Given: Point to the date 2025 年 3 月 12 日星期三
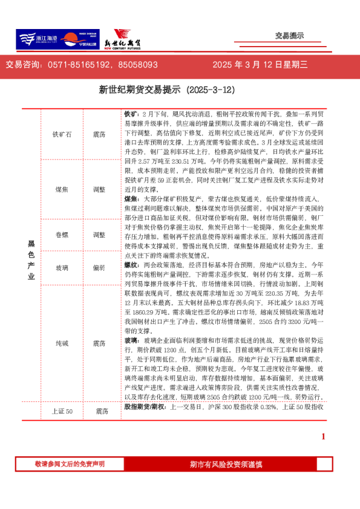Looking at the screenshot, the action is pyautogui.click(x=260, y=65).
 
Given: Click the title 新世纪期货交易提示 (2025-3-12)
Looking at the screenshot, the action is pyautogui.click(x=166, y=89).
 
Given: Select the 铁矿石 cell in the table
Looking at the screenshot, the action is pyautogui.click(x=62, y=134).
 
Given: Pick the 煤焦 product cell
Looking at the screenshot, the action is pyautogui.click(x=62, y=190).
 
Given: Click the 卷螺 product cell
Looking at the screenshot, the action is pyautogui.click(x=62, y=235).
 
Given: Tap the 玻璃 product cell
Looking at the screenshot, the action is pyautogui.click(x=62, y=267).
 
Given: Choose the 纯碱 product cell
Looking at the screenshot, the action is pyautogui.click(x=62, y=343).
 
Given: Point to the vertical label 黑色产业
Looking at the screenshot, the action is pyautogui.click(x=31, y=260).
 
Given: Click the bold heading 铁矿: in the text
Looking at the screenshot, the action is pyautogui.click(x=132, y=114).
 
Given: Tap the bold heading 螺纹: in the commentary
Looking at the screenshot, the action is pyautogui.click(x=132, y=265).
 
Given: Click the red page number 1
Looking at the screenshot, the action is pyautogui.click(x=324, y=436).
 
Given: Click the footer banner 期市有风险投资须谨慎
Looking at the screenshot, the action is pyautogui.click(x=226, y=464).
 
